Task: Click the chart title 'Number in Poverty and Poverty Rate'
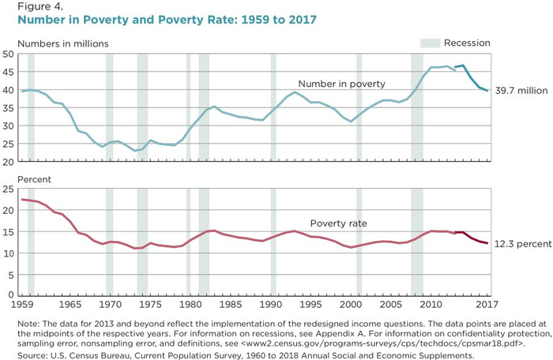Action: tap(159, 20)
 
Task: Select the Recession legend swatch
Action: tap(428, 43)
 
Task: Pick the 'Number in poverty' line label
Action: tap(341, 84)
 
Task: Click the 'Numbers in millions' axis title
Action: tap(62, 43)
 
